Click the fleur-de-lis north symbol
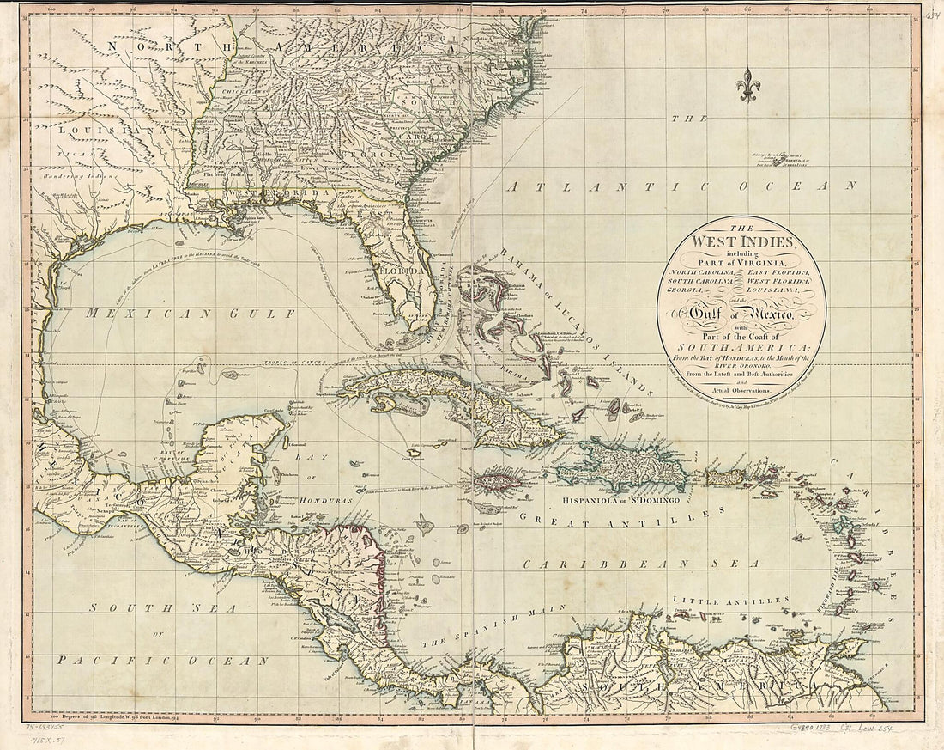(x=749, y=84)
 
